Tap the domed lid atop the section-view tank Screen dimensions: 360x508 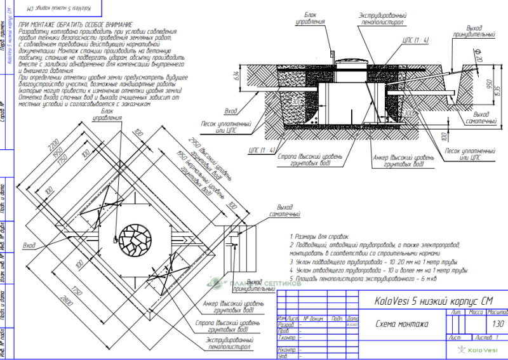[348, 61]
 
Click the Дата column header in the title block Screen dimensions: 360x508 [354, 317]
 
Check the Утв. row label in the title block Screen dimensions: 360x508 [283, 356]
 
